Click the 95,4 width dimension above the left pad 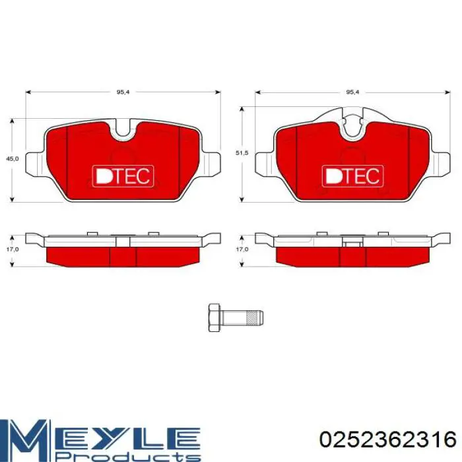(x=123, y=92)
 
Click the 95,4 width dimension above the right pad (x=352, y=92)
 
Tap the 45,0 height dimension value (x=12, y=158)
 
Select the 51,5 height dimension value (x=242, y=153)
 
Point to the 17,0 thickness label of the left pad (x=12, y=249)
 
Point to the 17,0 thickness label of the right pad (x=242, y=249)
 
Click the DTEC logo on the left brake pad (x=123, y=176)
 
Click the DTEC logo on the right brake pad (x=352, y=176)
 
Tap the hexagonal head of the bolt (x=214, y=317)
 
